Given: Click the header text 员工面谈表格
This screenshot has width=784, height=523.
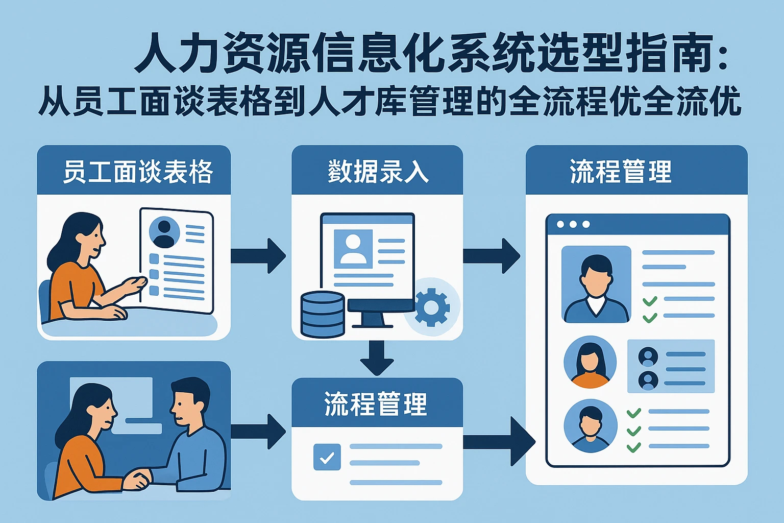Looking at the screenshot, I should pos(137,172).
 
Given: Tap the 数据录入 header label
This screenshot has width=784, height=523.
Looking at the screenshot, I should pos(378,172).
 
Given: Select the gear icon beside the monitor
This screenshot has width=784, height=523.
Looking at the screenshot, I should pos(432,307).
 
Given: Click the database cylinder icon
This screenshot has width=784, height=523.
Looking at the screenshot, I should pos(322,314).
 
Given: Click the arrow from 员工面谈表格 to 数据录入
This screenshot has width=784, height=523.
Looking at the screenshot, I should pos(258,255).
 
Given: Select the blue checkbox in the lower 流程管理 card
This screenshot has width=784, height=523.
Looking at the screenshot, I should pos(327,457).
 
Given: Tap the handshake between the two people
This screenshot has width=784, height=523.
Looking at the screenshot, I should pos(137,479).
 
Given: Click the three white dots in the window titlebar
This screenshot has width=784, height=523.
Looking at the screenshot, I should pos(573,224).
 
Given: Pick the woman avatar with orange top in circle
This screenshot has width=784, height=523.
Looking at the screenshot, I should pos(590,362).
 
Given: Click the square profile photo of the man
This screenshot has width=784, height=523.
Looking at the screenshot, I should pos(596,284).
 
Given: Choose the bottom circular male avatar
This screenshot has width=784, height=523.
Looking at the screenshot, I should pos(590,426).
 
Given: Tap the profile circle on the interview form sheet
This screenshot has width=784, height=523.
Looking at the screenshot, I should pos(164,232).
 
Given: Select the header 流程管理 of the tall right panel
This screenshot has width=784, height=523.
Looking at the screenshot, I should pos(621,172).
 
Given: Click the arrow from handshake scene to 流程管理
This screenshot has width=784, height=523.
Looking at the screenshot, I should pos(258,432).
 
